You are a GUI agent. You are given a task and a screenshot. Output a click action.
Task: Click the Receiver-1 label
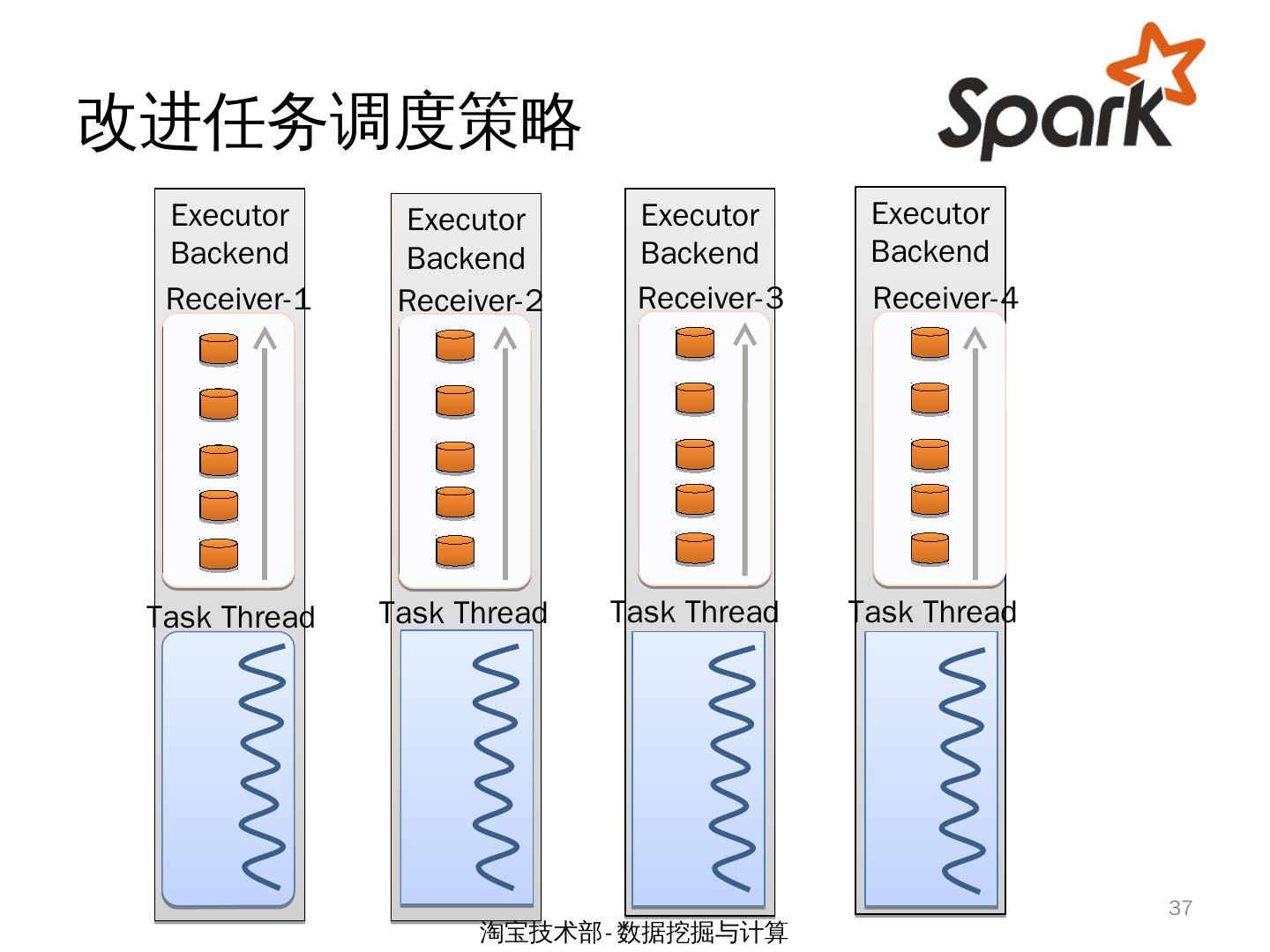pyautogui.click(x=238, y=299)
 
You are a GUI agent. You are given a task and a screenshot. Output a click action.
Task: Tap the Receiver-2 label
pyautogui.click(x=470, y=301)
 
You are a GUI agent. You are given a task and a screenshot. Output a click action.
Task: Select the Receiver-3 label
pyautogui.click(x=711, y=298)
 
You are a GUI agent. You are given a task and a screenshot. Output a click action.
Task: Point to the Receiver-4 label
pyautogui.click(x=945, y=298)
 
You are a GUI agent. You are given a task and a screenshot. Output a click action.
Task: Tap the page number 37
pyautogui.click(x=1180, y=908)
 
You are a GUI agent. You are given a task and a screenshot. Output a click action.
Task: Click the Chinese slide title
pyautogui.click(x=329, y=122)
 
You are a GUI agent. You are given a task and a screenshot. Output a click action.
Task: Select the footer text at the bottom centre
pyautogui.click(x=633, y=932)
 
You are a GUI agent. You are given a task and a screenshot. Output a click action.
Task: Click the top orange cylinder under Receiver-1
pyautogui.click(x=219, y=349)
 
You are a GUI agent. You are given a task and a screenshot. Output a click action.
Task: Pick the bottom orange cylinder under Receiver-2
pyautogui.click(x=455, y=552)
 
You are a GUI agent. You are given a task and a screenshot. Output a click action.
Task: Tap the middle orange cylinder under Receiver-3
pyautogui.click(x=695, y=455)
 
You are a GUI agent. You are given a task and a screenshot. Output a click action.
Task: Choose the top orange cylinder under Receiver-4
pyautogui.click(x=930, y=344)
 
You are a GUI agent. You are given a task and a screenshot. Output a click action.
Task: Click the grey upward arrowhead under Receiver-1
pyautogui.click(x=265, y=338)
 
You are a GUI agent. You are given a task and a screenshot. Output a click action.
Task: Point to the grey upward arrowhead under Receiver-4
pyautogui.click(x=975, y=338)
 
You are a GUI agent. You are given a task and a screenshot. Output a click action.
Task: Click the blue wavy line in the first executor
pyautogui.click(x=262, y=768)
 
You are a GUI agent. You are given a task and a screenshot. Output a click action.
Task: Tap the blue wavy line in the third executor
pyautogui.click(x=732, y=769)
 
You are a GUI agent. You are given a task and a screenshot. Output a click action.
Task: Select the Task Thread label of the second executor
pyautogui.click(x=463, y=613)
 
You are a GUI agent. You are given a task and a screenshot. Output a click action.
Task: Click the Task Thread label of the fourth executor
pyautogui.click(x=932, y=612)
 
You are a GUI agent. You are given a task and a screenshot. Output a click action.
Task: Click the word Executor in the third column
pyautogui.click(x=699, y=215)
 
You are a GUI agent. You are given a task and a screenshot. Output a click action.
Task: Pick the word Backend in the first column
pyautogui.click(x=229, y=253)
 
